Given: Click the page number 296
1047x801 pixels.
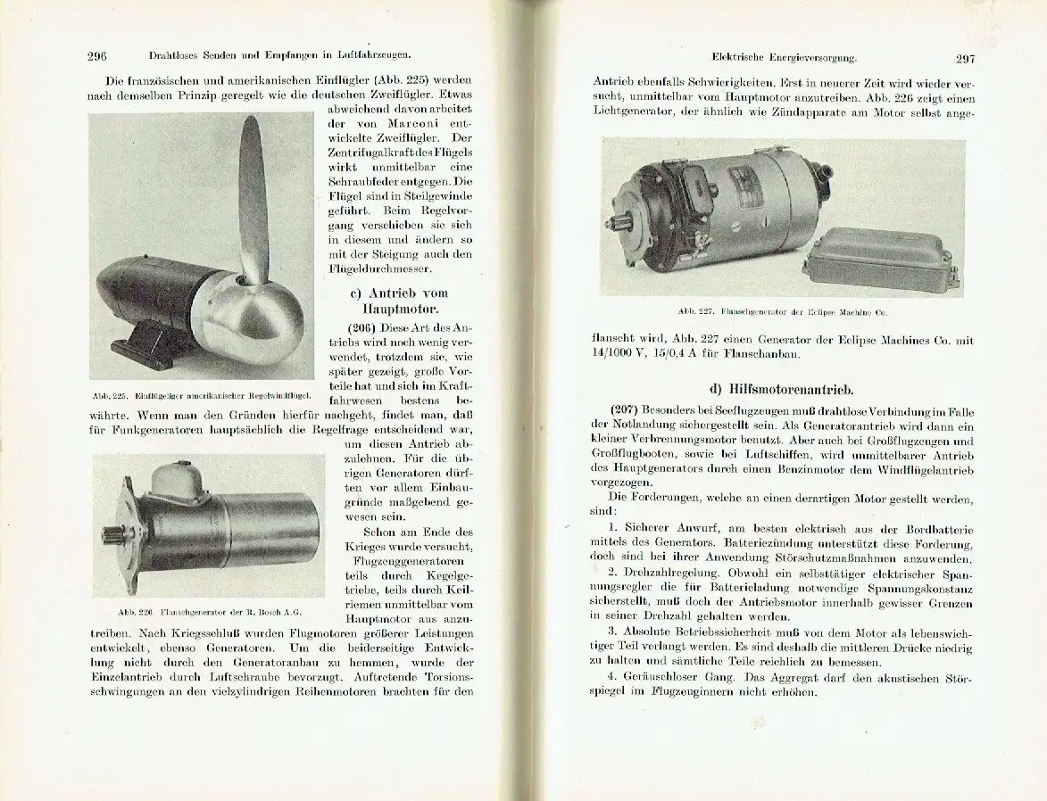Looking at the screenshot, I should pos(97,56).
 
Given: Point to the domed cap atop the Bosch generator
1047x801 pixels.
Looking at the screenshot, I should pos(179,482).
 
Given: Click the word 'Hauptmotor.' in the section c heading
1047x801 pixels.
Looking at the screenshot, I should pos(386,310).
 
